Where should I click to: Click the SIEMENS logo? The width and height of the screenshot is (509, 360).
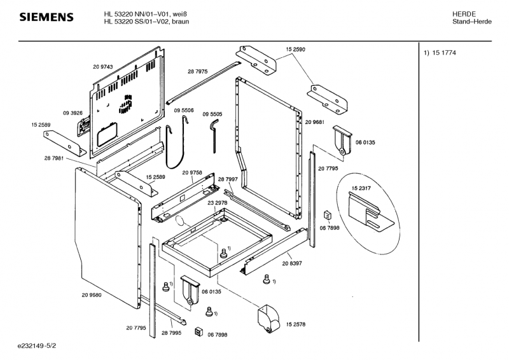coord(46,17)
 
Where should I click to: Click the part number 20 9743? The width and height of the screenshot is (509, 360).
coord(103,67)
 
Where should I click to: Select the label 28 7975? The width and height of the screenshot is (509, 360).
coord(198,71)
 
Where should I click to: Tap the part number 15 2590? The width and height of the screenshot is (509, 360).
coord(295,50)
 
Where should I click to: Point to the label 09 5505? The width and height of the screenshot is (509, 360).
coord(213,114)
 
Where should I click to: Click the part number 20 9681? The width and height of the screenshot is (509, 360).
coord(315,122)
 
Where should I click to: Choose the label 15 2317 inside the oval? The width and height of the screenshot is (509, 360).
coord(361,188)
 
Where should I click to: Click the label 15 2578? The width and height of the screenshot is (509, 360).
coord(296,324)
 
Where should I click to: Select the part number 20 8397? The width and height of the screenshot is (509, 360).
coord(292,263)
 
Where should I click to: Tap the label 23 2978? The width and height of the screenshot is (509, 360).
coord(218,203)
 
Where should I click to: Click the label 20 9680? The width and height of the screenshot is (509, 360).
coord(92,295)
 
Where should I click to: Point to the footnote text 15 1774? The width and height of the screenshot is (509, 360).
coord(444,53)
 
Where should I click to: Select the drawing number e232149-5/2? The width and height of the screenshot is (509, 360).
coord(37,346)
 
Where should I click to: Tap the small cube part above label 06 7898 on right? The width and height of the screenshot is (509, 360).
coord(327,215)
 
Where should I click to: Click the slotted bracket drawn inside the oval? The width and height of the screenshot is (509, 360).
coord(370,212)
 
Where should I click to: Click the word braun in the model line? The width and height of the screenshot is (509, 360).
coord(181,22)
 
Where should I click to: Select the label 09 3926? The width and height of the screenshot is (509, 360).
coord(73,113)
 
